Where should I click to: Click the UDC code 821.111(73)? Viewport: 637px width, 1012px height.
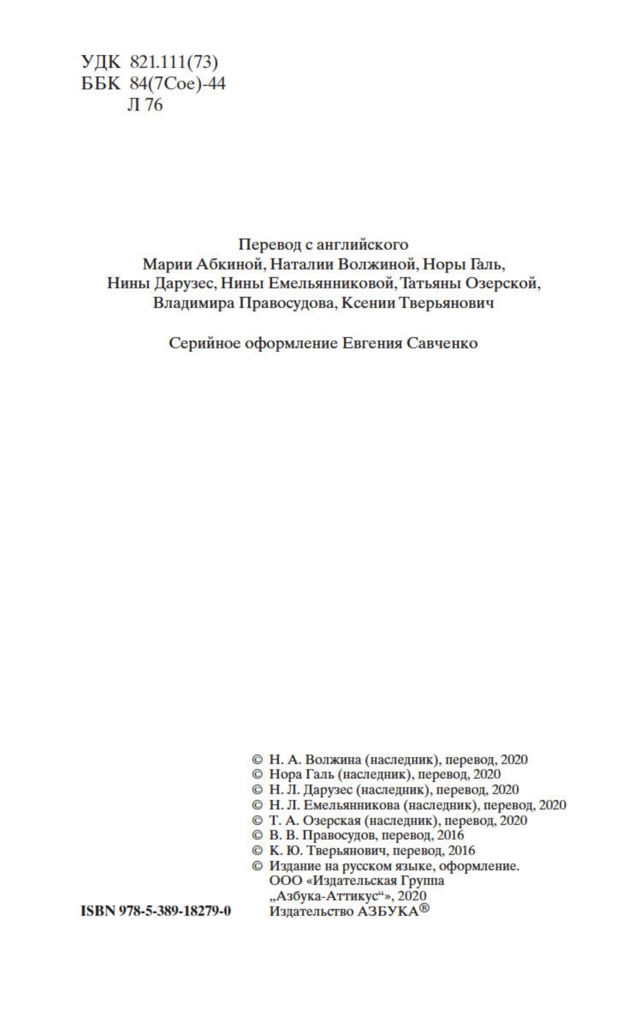174,61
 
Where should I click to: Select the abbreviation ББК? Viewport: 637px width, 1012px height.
101,83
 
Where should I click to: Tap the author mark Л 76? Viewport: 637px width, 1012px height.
145,105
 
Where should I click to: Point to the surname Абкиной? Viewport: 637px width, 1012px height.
230,264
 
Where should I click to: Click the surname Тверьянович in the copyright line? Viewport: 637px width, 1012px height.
345,850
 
